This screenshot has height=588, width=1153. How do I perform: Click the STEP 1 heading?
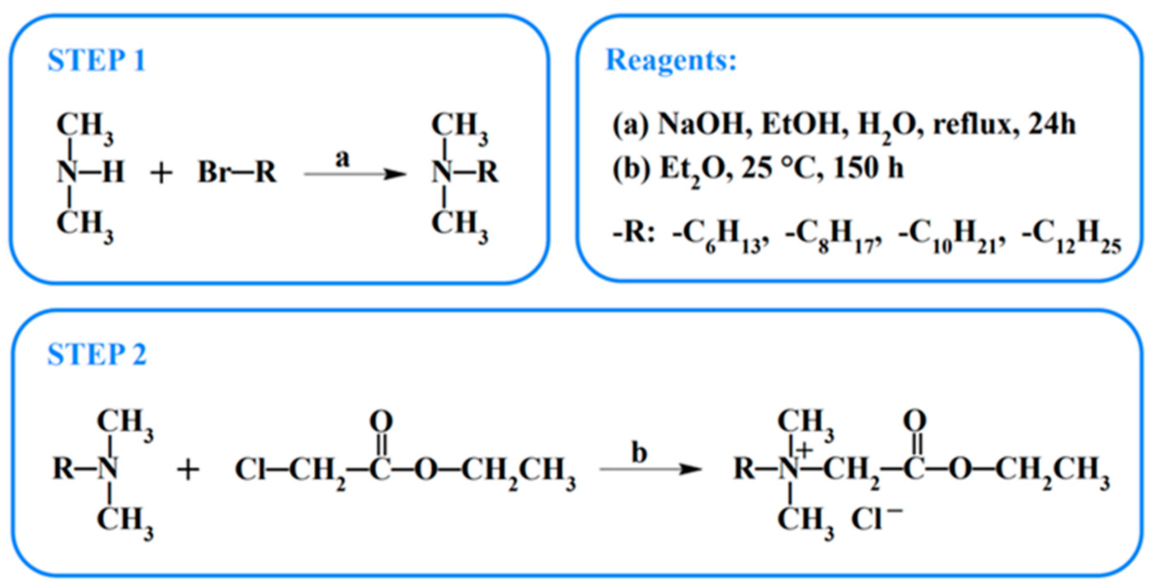tap(96, 61)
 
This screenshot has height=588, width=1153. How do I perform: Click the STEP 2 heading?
tap(96, 355)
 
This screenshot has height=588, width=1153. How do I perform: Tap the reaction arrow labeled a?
tap(355, 174)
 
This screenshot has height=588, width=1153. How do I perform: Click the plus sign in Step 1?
tap(161, 173)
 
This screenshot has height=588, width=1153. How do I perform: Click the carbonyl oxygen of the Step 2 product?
tap(914, 421)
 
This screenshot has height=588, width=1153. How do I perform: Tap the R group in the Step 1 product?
tap(488, 172)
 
